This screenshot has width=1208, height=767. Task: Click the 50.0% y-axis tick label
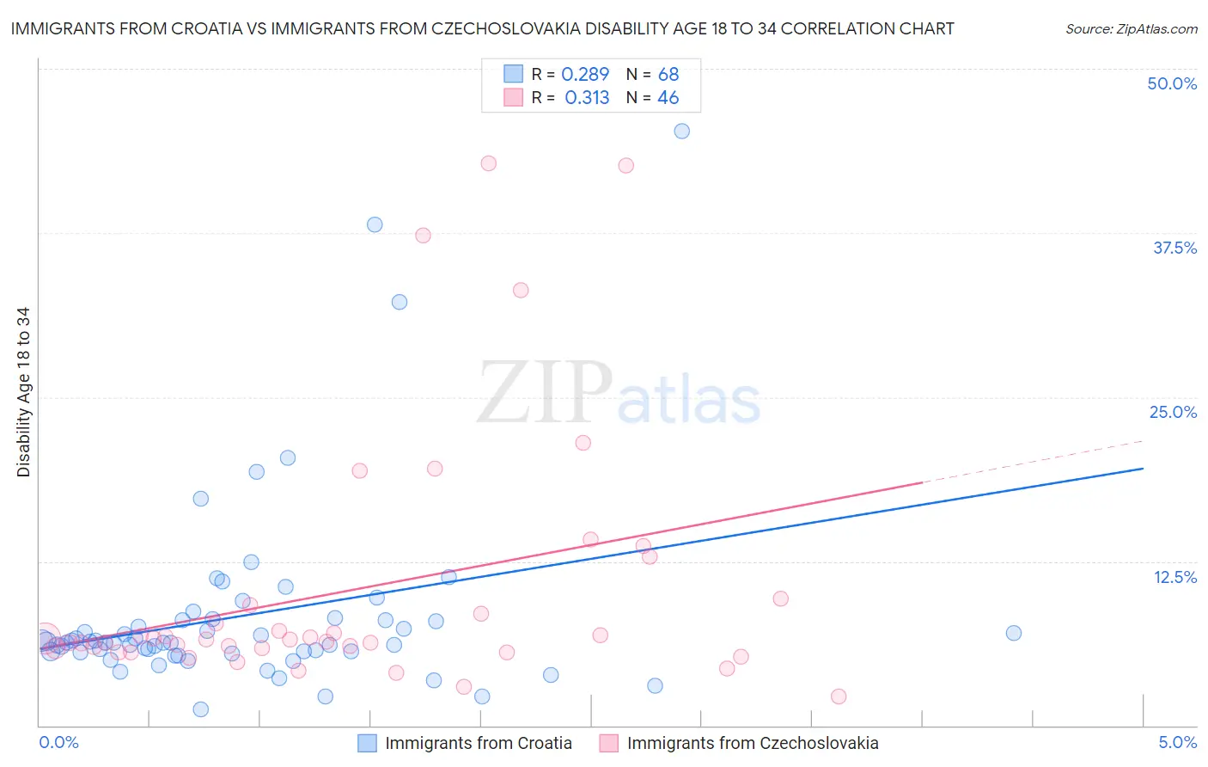coord(1172,83)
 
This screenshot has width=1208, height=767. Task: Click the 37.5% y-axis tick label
coord(1174,248)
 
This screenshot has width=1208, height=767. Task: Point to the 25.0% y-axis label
coord(1173,412)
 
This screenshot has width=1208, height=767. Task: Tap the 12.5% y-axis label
coord(1174,577)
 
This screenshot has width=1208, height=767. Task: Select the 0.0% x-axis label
coord(58,742)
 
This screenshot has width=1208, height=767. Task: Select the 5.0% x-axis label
coord(1177,742)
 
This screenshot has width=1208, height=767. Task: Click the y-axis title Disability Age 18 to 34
coord(23,392)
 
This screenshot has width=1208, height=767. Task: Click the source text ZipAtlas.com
coord(1131,28)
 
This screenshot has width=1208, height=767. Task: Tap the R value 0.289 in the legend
coord(585,75)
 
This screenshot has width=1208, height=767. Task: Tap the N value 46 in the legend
coord(668,98)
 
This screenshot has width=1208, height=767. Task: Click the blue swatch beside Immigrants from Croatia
coord(367,743)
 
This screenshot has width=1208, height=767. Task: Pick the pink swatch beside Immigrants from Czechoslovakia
coord(608,743)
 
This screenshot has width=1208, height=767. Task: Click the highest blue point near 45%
coord(681,132)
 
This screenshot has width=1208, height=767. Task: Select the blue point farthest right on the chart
coord(1014,633)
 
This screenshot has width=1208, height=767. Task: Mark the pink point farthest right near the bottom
coord(839,696)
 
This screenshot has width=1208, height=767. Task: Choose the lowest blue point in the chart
coord(201,709)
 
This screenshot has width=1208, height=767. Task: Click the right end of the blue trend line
coord(1143,469)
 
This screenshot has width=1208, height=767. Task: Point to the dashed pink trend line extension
coord(1031,462)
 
